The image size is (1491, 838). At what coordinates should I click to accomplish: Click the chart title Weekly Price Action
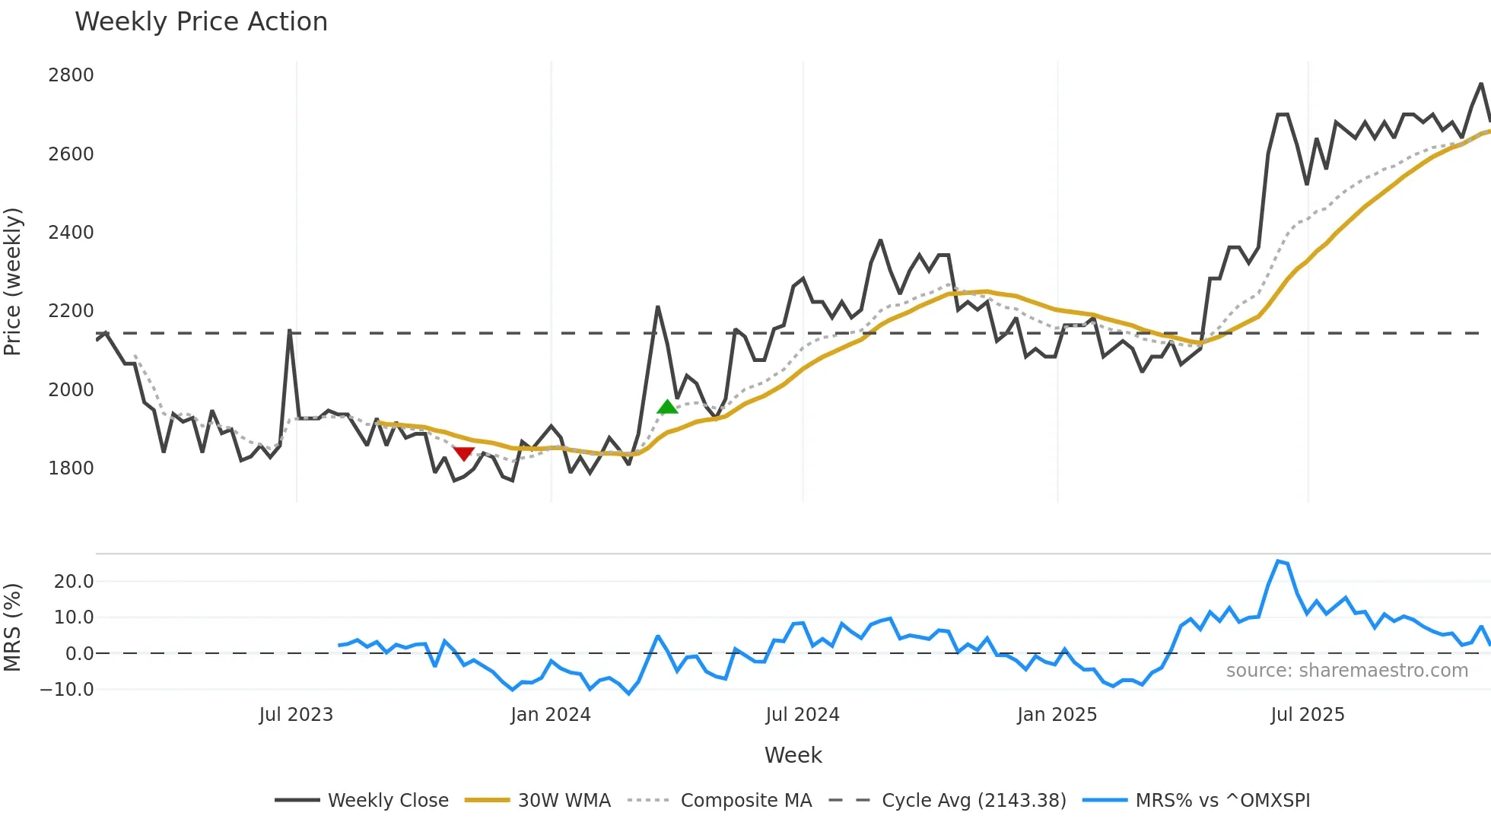coord(201,22)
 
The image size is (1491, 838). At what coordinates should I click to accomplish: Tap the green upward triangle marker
coord(667,407)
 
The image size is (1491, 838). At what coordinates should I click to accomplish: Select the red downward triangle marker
coord(463,454)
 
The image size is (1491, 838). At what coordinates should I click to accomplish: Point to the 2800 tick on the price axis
coord(71,75)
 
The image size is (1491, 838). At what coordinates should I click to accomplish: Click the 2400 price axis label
coord(71,233)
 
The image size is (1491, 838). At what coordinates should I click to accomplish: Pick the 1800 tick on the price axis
coord(71,468)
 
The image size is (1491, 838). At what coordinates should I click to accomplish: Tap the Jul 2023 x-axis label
coord(296,715)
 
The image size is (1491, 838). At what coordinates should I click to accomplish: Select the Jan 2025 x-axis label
coord(1057,715)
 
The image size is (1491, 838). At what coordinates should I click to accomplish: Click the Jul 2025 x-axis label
coord(1308,715)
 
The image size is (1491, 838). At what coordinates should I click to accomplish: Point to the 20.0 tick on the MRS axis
coord(74,582)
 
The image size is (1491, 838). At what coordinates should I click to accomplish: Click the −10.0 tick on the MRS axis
coord(67,690)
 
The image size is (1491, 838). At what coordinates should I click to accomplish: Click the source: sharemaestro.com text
coord(1346,671)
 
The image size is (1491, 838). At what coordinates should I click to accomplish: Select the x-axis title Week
coord(793,755)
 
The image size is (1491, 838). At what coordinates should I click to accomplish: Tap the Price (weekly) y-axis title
coord(13,281)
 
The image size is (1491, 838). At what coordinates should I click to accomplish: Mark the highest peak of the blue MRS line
coord(1278,561)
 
